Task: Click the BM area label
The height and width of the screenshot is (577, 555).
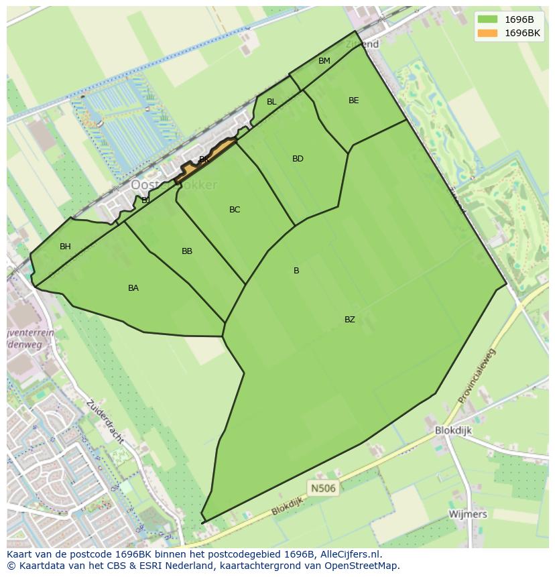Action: (x=324, y=61)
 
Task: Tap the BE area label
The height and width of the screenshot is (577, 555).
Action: (x=354, y=101)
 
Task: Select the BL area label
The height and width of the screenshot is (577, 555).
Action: (x=271, y=102)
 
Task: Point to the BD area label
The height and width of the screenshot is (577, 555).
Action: (x=298, y=159)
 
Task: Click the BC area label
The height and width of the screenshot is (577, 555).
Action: (x=235, y=210)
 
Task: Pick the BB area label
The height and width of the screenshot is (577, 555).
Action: (x=187, y=251)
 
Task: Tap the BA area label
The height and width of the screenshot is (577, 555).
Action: (x=133, y=288)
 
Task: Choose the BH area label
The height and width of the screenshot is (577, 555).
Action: (x=65, y=247)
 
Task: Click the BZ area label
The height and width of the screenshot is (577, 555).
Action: (x=350, y=320)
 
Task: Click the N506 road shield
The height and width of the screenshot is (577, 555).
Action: (x=322, y=488)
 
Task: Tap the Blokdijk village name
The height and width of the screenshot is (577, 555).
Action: (x=453, y=431)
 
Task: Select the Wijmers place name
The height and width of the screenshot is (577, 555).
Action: (x=468, y=514)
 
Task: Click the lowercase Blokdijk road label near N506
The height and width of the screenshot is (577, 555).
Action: (x=288, y=506)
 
